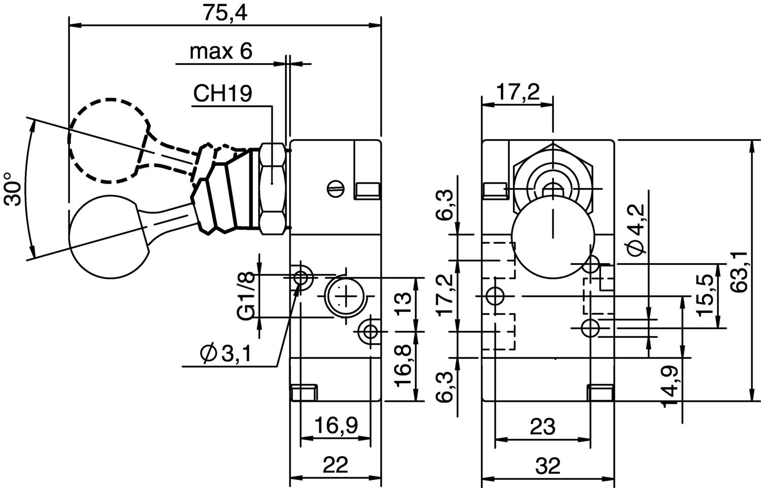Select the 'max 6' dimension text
221,51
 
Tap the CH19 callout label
223,94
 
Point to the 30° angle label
14,189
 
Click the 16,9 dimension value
335,425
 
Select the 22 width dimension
335,465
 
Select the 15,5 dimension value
706,295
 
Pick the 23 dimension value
542,427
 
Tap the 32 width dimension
547,465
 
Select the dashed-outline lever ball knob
107,141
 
